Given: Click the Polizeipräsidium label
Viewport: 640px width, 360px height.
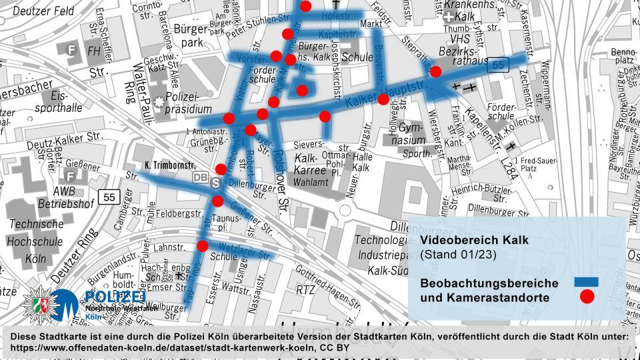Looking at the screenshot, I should pos(188,102).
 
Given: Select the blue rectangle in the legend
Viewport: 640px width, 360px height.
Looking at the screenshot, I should pos(586,282).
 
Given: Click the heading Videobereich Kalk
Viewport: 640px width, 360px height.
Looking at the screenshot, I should pos(474,240).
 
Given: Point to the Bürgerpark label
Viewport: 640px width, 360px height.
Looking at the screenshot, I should pos(191,37).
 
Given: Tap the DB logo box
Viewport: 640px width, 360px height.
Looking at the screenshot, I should pos(200,177).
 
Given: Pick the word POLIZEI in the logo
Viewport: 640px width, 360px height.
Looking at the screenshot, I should pos(115,297).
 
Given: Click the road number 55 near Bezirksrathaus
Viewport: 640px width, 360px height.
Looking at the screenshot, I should pos(497,65).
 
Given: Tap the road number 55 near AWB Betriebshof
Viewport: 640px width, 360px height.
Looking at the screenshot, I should pos(107,197).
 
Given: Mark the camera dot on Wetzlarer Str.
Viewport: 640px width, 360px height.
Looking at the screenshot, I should pos(203,246).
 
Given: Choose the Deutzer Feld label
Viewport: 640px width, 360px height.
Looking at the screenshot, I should pos(43,11).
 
